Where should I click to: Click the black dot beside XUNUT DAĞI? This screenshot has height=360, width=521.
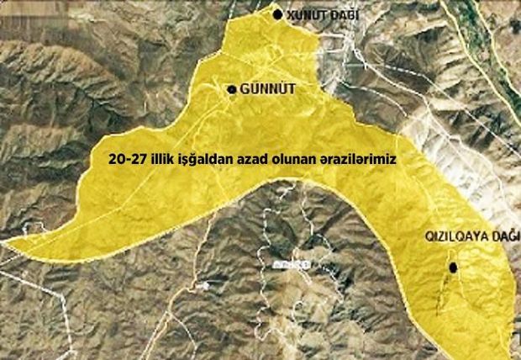(x=279, y=13)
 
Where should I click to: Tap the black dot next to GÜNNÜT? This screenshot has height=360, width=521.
(x=232, y=88)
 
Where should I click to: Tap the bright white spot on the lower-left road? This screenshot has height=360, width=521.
(x=204, y=285)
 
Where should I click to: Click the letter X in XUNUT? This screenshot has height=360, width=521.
(x=291, y=14)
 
